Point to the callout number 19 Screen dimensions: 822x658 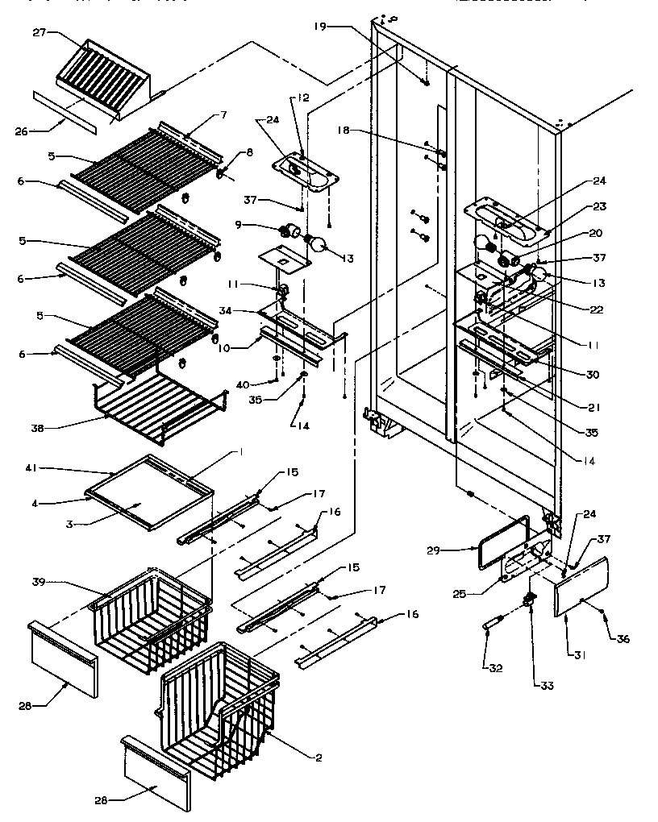coord(322,27)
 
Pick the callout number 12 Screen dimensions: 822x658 coord(302,98)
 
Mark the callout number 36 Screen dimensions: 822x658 coord(623,639)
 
